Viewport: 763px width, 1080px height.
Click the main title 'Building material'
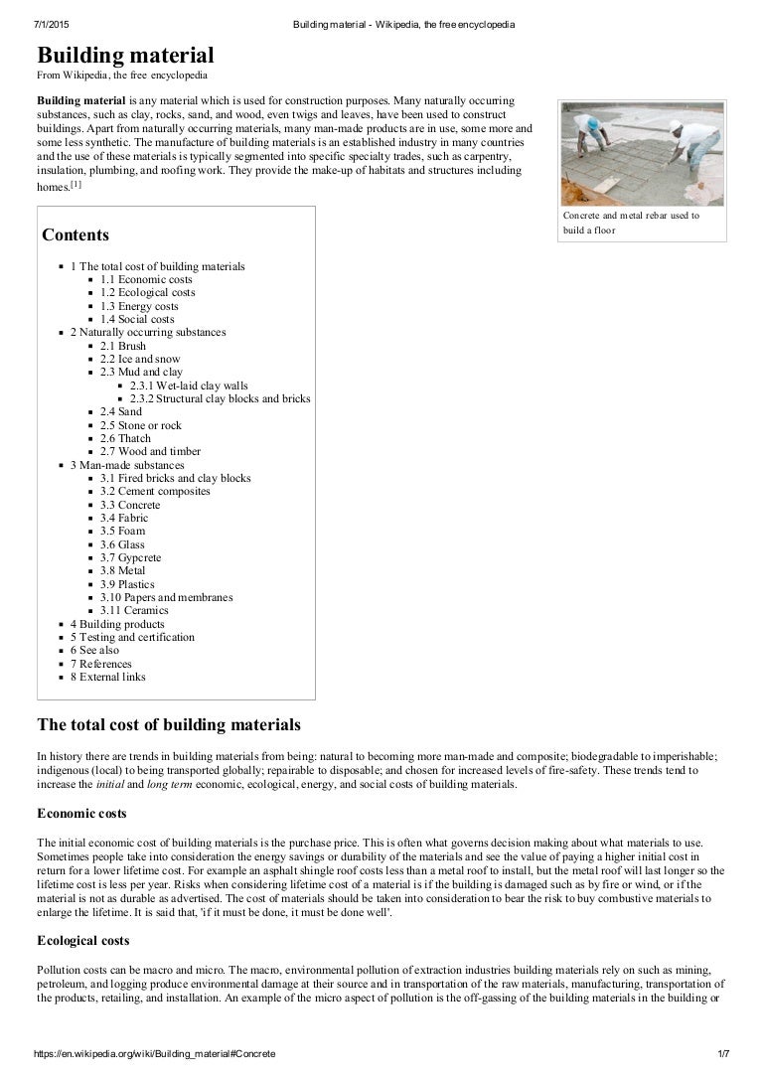(x=125, y=55)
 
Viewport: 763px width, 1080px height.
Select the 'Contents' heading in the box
(x=76, y=235)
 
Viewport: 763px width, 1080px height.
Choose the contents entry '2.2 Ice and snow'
(x=140, y=359)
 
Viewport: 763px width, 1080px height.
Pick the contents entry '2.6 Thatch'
(x=125, y=438)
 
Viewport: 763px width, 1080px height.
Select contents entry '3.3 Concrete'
(x=129, y=505)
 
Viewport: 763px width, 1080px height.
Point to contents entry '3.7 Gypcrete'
(x=131, y=557)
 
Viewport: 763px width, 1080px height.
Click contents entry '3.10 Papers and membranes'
(x=166, y=597)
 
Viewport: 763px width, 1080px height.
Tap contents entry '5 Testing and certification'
(x=132, y=637)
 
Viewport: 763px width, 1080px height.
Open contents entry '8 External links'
(x=107, y=677)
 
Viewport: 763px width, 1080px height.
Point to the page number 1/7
(x=722, y=1052)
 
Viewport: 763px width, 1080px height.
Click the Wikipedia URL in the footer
(x=154, y=1052)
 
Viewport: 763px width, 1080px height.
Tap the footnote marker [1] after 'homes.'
(x=76, y=184)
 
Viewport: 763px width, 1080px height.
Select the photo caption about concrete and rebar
(x=631, y=223)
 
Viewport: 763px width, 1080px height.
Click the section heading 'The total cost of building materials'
(x=168, y=724)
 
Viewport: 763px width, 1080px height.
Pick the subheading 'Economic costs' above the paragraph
(x=81, y=814)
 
